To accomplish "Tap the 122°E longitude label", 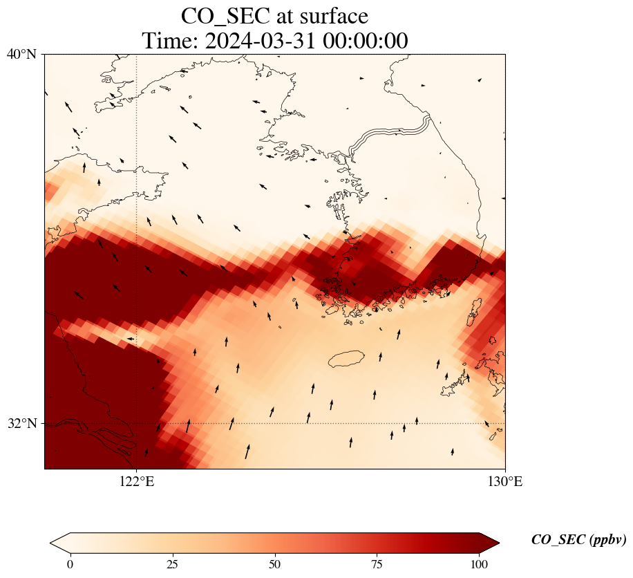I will [x=137, y=482].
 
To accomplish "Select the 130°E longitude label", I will [x=504, y=482].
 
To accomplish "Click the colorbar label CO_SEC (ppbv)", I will [x=578, y=540].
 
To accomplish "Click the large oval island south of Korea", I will [x=351, y=359].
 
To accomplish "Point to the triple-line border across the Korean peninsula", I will [x=390, y=133].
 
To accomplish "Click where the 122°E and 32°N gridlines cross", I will [x=137, y=423].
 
